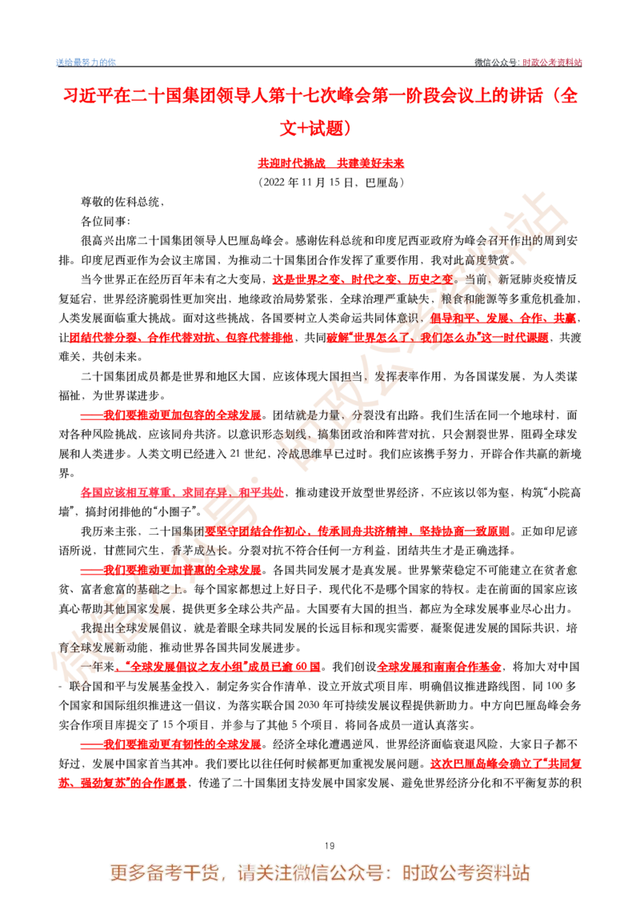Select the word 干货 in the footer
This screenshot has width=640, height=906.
tap(202, 872)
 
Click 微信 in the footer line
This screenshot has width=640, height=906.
tap(314, 872)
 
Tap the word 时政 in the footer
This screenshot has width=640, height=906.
tap(418, 872)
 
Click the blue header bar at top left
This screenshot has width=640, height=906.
tap(85, 62)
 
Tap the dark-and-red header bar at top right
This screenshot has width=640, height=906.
tap(527, 62)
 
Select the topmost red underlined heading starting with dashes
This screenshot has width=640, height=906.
tap(170, 415)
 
